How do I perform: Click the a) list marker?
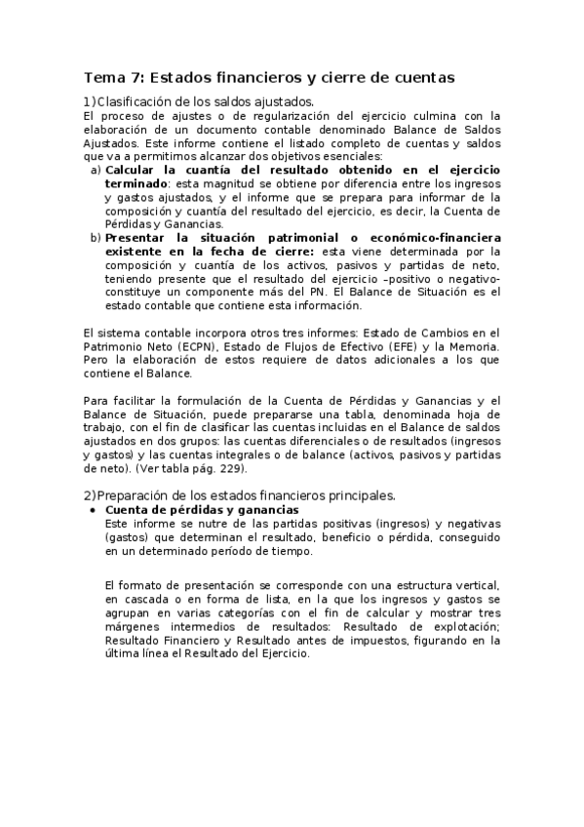pos(96,170)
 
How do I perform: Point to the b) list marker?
pos(96,237)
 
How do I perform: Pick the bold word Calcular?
pos(135,170)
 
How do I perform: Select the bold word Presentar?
pos(139,237)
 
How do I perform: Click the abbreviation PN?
pos(311,291)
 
